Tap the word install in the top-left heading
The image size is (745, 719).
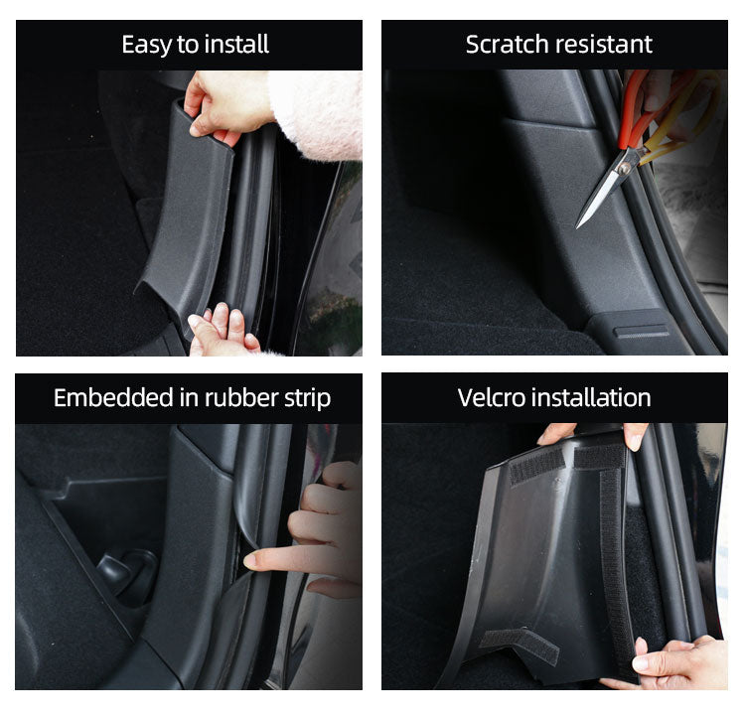pos(236,45)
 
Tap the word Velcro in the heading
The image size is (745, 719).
pos(491,398)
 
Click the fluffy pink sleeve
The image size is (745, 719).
pos(316,114)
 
